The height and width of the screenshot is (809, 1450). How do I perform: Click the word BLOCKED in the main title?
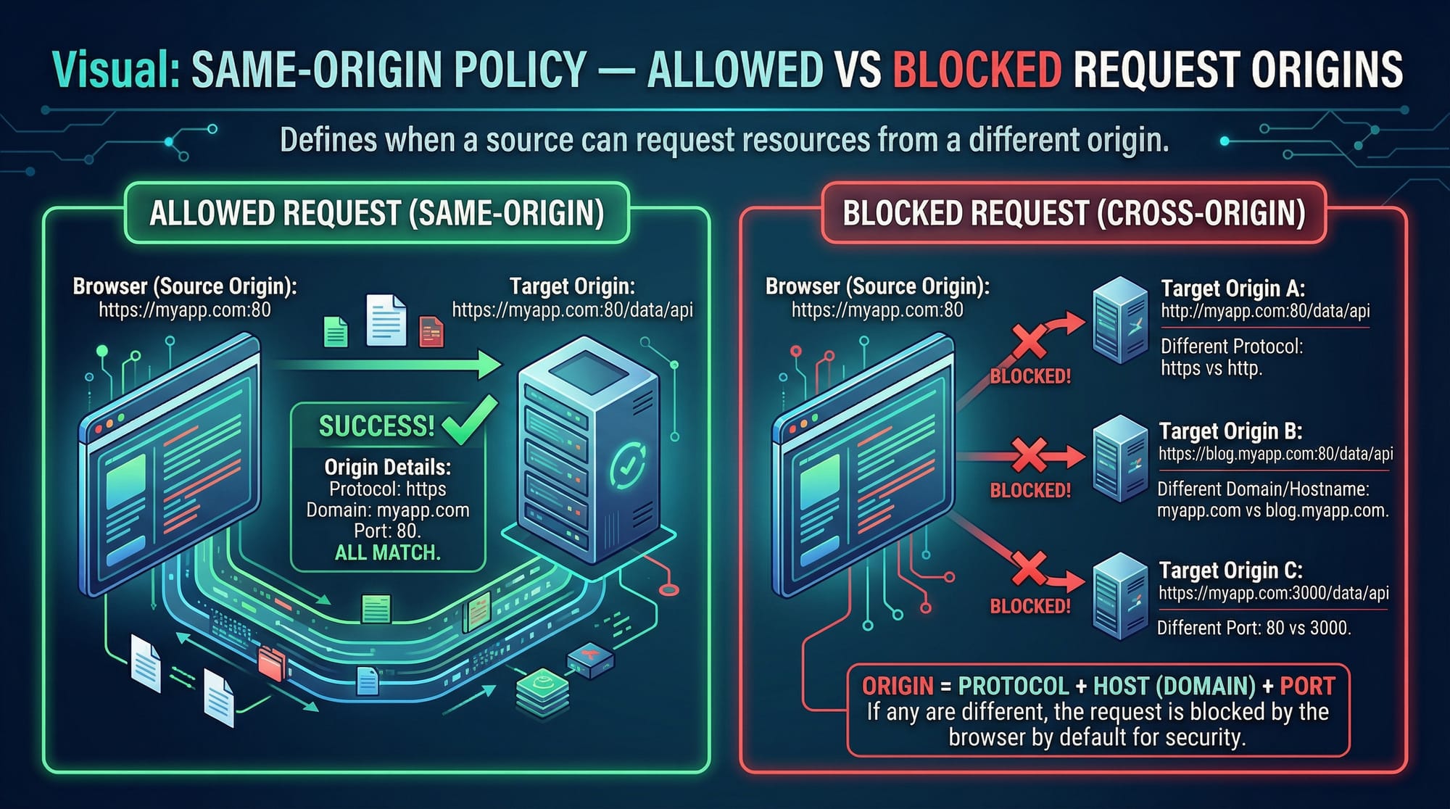977,70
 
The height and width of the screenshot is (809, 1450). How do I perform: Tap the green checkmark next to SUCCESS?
468,420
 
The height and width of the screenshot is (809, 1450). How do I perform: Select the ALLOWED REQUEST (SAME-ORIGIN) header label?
376,213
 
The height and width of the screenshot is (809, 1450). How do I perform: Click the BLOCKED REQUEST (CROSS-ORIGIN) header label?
1074,213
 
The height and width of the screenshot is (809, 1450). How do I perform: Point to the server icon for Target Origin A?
1120,320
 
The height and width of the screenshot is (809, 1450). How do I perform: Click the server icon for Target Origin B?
1120,458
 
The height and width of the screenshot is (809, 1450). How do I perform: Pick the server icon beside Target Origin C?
1120,596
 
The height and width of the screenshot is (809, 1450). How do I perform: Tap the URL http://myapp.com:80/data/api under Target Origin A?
1265,312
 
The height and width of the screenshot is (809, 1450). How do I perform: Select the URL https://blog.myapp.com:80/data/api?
1275,455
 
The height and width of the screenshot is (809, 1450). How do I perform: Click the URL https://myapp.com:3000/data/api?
1273,593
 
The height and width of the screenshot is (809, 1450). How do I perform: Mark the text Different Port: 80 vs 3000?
1254,628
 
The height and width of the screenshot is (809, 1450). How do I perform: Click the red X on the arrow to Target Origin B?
1029,456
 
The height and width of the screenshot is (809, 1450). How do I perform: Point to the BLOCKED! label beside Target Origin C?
1030,606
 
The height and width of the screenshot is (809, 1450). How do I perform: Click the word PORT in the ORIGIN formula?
1307,686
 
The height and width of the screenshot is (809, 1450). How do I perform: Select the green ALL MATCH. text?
387,553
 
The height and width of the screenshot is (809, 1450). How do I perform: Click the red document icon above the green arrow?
431,332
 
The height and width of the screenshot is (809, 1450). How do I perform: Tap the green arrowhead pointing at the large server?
489,364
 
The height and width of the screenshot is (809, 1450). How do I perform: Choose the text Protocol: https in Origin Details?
387,489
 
